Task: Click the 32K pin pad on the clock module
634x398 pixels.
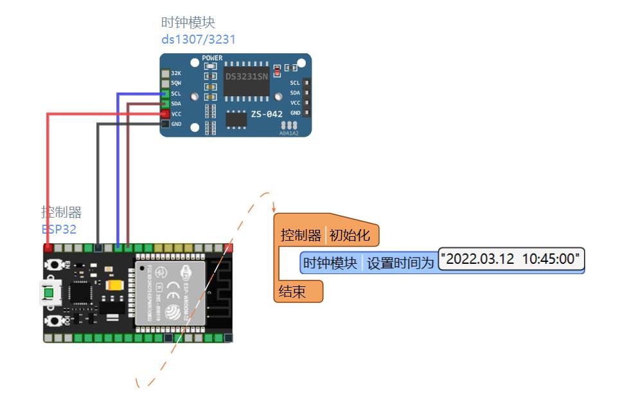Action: click(x=166, y=74)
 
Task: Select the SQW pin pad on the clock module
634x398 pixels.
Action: click(x=166, y=83)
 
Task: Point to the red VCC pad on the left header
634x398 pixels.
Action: click(x=166, y=114)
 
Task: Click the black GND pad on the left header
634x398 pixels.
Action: click(x=166, y=124)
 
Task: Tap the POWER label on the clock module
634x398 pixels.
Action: click(x=212, y=58)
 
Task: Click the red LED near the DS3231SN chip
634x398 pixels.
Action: click(x=277, y=69)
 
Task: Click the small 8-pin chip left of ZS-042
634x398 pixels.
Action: click(x=236, y=118)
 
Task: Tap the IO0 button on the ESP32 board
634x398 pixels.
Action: click(x=56, y=320)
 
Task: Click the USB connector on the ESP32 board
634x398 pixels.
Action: click(x=49, y=293)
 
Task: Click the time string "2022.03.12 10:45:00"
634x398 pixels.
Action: click(x=511, y=259)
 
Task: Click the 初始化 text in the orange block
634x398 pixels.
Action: click(x=350, y=236)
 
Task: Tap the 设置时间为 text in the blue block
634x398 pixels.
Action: click(x=400, y=263)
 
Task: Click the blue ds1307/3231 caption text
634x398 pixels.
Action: click(x=198, y=39)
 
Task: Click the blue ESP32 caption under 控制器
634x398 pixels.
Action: click(x=59, y=229)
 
